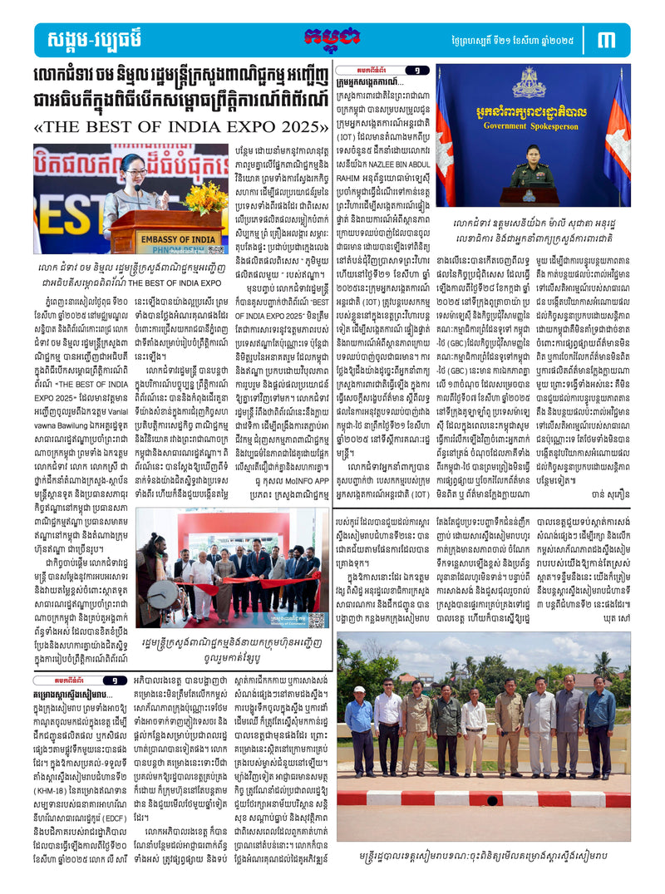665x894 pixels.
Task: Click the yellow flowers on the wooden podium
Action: (x=205, y=197)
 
